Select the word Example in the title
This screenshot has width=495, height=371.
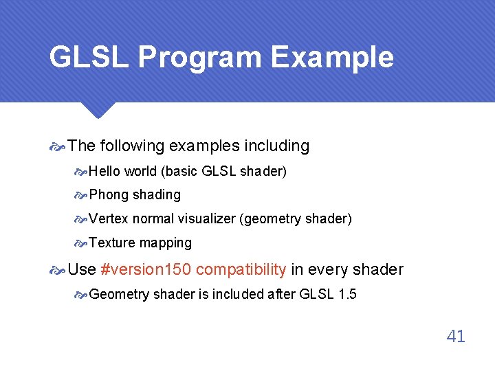332,58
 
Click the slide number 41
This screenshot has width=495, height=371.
456,336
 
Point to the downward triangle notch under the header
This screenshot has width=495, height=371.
98,109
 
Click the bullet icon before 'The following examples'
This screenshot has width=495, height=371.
58,146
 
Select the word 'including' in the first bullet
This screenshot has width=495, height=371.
279,146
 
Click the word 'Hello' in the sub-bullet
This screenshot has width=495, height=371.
105,171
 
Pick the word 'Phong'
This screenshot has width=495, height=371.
109,195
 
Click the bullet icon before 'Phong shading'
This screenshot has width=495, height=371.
81,196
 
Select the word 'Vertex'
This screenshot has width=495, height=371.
109,219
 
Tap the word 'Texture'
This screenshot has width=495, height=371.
112,243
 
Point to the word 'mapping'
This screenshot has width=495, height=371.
166,243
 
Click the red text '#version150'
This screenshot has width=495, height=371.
146,269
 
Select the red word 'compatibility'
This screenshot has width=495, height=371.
241,269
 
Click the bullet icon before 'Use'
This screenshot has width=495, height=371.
58,270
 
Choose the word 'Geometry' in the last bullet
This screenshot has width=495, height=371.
119,295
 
